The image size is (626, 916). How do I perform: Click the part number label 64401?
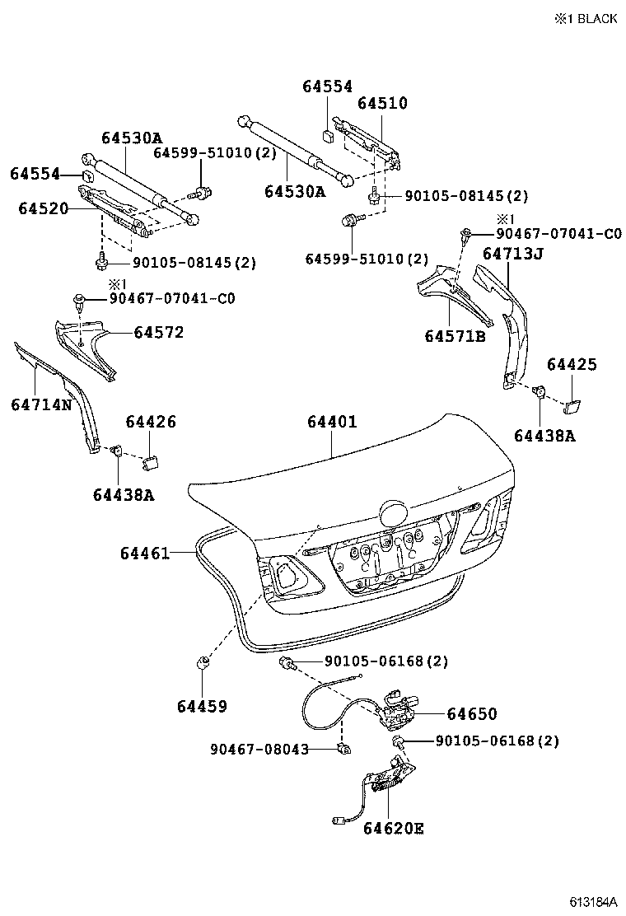pyautogui.click(x=332, y=422)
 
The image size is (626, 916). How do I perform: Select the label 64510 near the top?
pyautogui.click(x=382, y=104)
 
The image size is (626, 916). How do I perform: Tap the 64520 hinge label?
pyautogui.click(x=44, y=208)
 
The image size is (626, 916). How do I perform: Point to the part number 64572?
pyautogui.click(x=159, y=333)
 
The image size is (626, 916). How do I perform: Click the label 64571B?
pyautogui.click(x=455, y=335)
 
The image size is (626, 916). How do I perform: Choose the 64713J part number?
pyautogui.click(x=512, y=254)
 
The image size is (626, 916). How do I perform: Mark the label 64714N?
pyautogui.click(x=41, y=404)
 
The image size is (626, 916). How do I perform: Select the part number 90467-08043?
pyautogui.click(x=259, y=749)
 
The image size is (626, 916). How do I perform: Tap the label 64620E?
pyautogui.click(x=393, y=828)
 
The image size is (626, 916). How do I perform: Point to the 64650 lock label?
pyautogui.click(x=472, y=714)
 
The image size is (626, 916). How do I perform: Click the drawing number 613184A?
pyautogui.click(x=592, y=902)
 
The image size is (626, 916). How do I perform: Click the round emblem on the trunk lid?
pyautogui.click(x=393, y=514)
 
